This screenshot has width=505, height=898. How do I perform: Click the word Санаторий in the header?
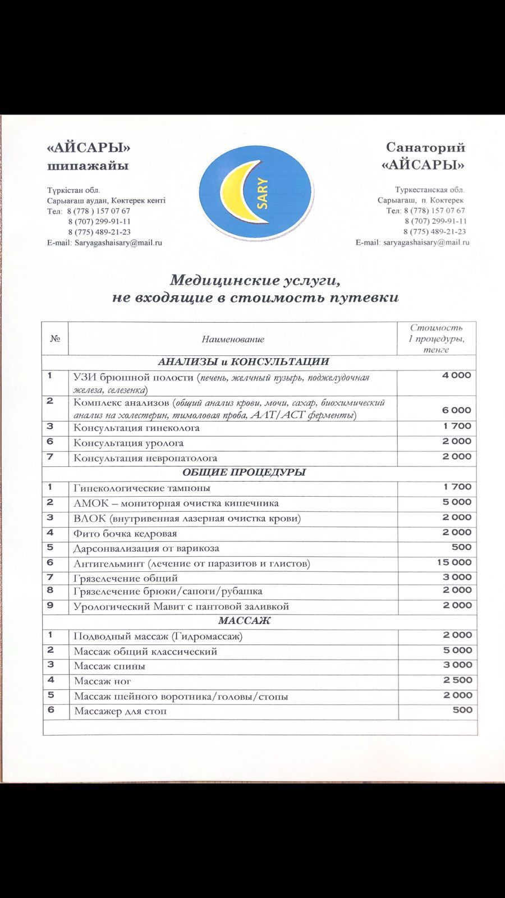tap(425, 148)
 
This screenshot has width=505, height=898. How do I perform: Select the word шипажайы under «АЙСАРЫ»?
tap(88, 166)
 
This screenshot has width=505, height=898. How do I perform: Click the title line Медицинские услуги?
tap(255, 280)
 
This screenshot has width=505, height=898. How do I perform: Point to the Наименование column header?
tap(233, 339)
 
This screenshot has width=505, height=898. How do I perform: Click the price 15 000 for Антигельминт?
tap(454, 562)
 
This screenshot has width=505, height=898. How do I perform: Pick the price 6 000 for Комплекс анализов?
tap(457, 410)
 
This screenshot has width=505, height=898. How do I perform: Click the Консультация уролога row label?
tap(136, 443)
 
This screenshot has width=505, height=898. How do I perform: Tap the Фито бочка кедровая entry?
tap(125, 533)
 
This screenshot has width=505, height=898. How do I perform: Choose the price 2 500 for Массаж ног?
tap(457, 680)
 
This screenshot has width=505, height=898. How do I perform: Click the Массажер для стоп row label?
tap(120, 712)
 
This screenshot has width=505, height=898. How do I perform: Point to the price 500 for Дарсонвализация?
tap(461, 547)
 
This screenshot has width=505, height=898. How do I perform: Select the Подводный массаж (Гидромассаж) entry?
tap(158, 636)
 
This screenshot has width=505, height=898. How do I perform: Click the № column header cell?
tap(55, 338)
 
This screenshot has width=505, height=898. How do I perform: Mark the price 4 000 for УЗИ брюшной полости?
tap(457, 375)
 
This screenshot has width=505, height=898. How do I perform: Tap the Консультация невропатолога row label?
tap(145, 459)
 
